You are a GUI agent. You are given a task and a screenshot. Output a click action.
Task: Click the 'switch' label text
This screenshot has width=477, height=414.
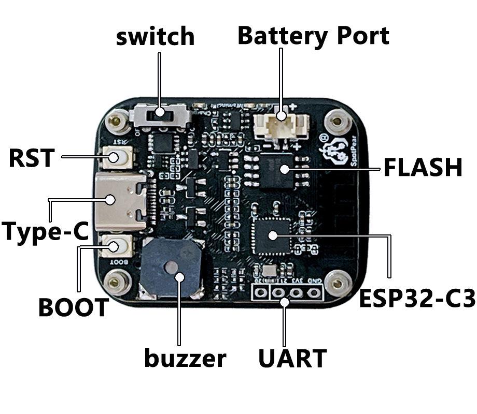pos(155,37)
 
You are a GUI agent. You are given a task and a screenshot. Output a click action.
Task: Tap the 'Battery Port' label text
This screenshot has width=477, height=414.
pos(313,36)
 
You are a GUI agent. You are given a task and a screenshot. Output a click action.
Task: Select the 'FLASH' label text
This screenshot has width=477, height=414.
pos(422,168)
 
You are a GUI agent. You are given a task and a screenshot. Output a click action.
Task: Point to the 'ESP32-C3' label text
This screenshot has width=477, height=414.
pos(417,299)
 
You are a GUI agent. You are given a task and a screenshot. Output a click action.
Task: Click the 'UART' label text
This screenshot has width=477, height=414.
pos(292,359)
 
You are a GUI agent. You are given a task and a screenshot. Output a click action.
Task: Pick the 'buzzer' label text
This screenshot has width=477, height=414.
pos(185,358)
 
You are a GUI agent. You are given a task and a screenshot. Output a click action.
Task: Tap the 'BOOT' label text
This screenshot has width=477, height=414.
pos(73,308)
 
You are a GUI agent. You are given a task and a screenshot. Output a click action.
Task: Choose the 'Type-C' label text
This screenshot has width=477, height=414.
pos(46,231)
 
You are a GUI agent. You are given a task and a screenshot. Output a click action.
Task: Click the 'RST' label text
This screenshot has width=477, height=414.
pos(31,158)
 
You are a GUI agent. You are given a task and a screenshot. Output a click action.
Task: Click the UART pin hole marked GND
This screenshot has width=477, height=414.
pos(314,293)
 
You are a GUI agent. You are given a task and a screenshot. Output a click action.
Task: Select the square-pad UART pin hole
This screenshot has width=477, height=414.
pos(261,293)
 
